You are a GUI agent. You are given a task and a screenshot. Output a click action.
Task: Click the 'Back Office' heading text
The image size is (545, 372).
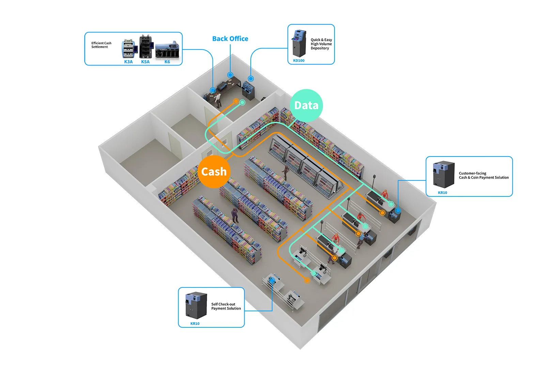point(230,39)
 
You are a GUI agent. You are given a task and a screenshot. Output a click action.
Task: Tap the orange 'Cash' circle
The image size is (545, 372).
point(214,172)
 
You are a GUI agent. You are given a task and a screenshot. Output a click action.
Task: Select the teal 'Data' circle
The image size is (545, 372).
point(306,105)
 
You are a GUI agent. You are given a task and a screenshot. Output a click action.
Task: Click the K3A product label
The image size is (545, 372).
point(128,62)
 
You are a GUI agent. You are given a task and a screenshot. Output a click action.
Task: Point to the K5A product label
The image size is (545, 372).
point(145,62)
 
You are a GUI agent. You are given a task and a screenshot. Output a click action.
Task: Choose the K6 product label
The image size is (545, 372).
point(167,62)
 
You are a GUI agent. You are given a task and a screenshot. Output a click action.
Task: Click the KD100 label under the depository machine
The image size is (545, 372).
point(299,61)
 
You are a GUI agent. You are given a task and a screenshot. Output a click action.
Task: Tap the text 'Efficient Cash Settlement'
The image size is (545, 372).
point(101,45)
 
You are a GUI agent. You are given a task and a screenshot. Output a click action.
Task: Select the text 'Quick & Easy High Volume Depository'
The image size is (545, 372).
point(321,44)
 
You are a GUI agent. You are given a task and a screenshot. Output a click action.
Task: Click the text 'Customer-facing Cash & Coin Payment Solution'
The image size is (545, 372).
point(484,175)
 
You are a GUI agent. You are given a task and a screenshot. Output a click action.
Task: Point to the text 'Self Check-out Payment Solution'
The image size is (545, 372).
point(226,306)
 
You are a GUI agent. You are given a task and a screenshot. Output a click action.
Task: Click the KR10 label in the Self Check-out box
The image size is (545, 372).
point(195,324)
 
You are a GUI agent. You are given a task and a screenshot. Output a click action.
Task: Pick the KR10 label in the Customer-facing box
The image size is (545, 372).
point(442,193)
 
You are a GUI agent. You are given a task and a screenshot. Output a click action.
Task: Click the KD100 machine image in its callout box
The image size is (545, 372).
point(299,43)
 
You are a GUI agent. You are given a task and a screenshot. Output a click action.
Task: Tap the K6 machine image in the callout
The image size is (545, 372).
point(167,49)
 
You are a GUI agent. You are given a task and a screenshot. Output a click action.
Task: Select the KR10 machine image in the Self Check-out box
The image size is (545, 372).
point(196,306)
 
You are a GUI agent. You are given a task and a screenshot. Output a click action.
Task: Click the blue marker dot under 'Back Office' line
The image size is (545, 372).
point(230,75)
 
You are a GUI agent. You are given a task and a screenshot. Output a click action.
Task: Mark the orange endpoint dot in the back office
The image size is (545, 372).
point(236,101)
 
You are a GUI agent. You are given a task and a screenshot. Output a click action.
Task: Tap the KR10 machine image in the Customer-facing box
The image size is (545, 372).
point(444,175)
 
